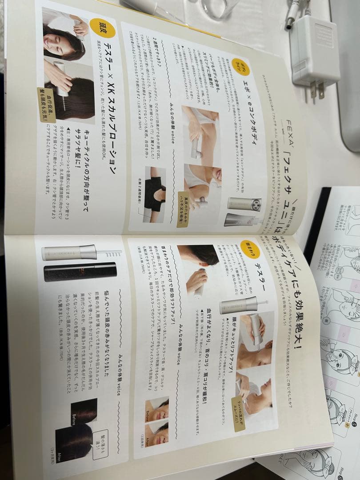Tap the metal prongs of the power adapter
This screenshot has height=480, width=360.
316,92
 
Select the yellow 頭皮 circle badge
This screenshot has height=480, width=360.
103,27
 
